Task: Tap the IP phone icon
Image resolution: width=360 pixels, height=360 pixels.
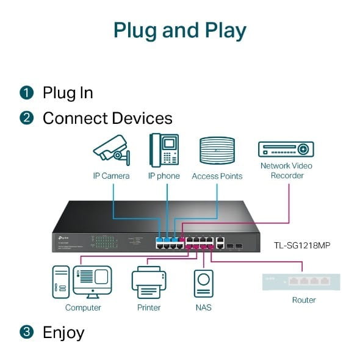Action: (164, 150)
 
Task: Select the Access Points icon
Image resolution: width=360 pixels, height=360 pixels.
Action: (217, 150)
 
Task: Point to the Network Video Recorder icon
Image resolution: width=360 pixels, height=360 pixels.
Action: (286, 149)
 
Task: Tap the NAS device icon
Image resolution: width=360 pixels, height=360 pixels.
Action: (203, 283)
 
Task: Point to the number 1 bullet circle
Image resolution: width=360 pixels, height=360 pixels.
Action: (26, 93)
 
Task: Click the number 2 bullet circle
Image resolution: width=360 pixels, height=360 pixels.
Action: (26, 118)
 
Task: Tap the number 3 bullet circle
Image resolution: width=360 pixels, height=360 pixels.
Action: (26, 333)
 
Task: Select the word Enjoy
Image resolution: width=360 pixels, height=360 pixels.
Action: (63, 333)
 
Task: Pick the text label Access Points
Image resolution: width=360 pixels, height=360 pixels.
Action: (217, 176)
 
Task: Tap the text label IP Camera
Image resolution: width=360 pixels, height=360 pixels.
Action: (111, 176)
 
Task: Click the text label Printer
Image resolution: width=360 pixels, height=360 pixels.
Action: (149, 308)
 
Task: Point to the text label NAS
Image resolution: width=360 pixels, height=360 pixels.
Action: (204, 308)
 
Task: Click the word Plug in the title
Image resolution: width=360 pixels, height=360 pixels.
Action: (138, 31)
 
